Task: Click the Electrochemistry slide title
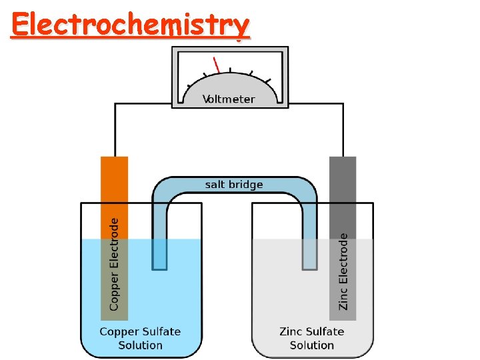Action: [130, 25]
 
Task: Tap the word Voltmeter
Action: [229, 99]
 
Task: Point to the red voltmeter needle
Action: [217, 65]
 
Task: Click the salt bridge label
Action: [234, 185]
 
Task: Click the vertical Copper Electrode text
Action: [114, 264]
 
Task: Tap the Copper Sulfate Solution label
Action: [140, 338]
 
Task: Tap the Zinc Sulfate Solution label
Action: [311, 338]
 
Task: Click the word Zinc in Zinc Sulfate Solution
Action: [291, 331]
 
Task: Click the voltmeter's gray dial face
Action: [230, 83]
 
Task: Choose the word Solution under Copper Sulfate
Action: [140, 345]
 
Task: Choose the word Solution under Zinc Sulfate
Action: [311, 345]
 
